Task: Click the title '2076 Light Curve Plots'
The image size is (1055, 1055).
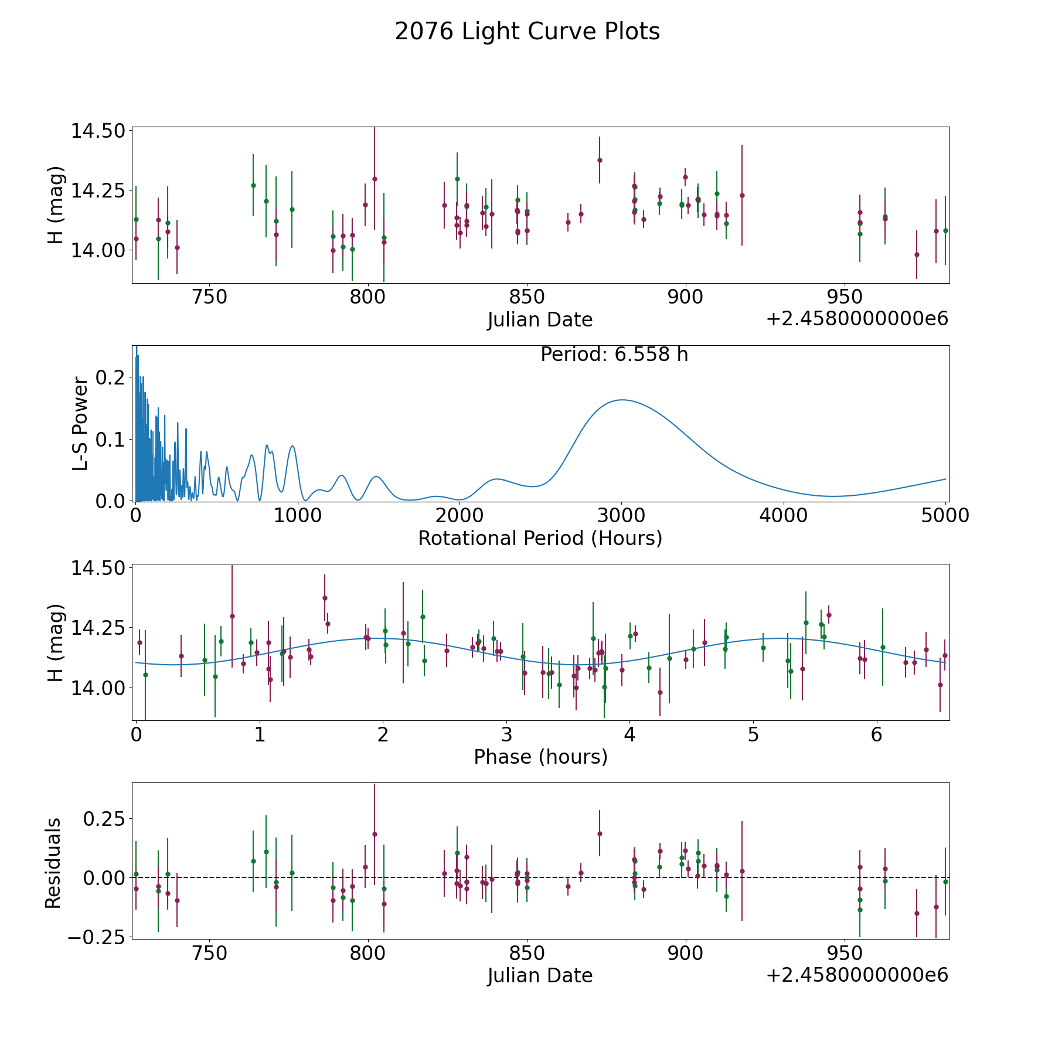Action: pyautogui.click(x=527, y=32)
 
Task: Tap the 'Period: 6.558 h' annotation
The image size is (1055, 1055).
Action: pyautogui.click(x=614, y=355)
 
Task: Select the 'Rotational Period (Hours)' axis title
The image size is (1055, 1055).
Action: pyautogui.click(x=540, y=538)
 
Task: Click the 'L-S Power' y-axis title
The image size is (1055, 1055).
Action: pyautogui.click(x=80, y=424)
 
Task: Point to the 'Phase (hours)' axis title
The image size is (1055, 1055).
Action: pyautogui.click(x=540, y=757)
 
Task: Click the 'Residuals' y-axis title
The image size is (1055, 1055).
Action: pyautogui.click(x=53, y=863)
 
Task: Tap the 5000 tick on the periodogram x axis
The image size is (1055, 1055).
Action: pyautogui.click(x=945, y=516)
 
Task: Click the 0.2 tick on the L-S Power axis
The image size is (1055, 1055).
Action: pyautogui.click(x=111, y=377)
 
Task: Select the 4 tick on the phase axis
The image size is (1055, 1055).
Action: pyautogui.click(x=629, y=735)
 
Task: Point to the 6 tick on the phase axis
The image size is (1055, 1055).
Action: pyautogui.click(x=876, y=735)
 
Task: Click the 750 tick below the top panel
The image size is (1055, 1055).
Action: pyautogui.click(x=209, y=297)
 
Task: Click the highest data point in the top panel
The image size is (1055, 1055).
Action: pyautogui.click(x=600, y=160)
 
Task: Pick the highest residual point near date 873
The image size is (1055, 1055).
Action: pyautogui.click(x=600, y=833)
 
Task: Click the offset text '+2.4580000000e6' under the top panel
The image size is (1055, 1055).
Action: pyautogui.click(x=857, y=319)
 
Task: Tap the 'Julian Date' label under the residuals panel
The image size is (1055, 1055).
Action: pyautogui.click(x=540, y=976)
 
